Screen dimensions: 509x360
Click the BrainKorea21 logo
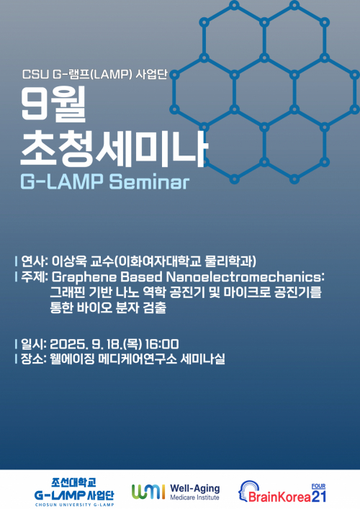(284, 491)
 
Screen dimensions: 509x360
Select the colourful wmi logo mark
(148, 491)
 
